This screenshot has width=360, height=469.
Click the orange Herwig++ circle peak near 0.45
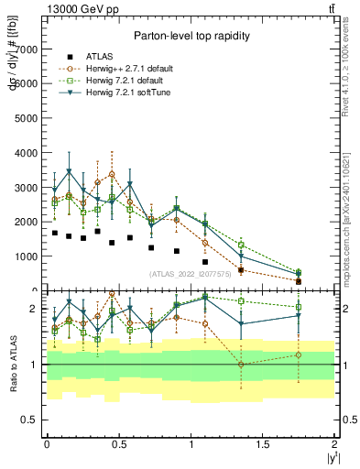point(112,174)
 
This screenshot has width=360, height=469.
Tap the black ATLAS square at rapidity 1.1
point(205,262)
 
